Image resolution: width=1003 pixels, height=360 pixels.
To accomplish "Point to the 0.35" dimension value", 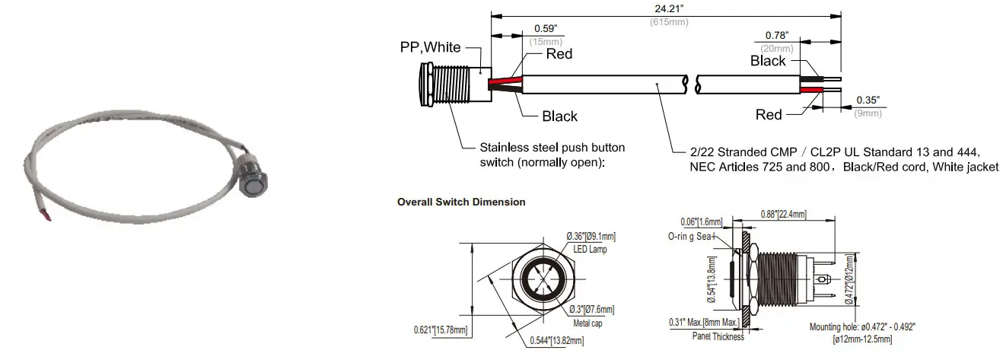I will [868, 100].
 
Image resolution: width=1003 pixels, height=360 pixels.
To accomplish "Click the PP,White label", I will [430, 47].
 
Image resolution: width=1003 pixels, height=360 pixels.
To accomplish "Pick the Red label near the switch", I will [559, 54].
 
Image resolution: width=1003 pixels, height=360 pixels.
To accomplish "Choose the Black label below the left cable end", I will [559, 116].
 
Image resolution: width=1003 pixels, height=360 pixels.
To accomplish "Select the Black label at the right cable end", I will [768, 61].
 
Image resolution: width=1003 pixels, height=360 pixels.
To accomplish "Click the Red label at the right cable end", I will [769, 115].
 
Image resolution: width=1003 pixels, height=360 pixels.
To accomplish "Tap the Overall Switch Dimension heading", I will [461, 202].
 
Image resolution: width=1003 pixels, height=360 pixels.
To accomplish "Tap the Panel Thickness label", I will [718, 336].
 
